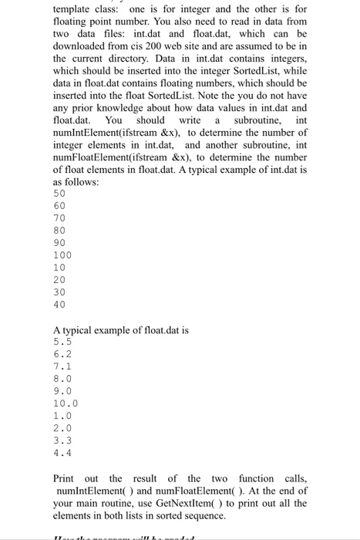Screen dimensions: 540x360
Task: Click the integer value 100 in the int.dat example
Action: [62, 254]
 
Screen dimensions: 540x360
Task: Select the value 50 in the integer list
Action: [59, 193]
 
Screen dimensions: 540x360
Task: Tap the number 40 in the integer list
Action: [59, 304]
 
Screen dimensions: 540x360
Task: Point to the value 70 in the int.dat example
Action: [59, 218]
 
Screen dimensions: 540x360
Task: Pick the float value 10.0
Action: [66, 403]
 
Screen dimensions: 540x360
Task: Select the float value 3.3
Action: [62, 440]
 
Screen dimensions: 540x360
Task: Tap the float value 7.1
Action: [62, 366]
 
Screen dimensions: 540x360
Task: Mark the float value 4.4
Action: [62, 452]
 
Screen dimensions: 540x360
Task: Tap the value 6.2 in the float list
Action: [62, 353]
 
